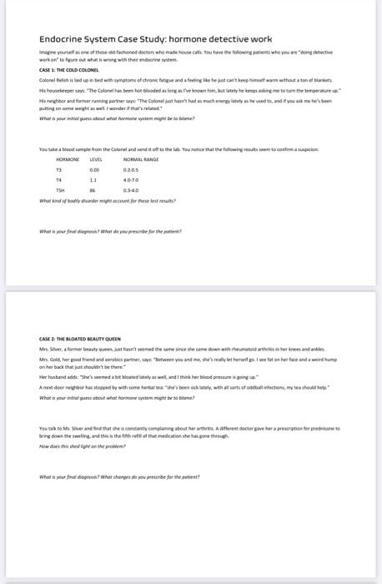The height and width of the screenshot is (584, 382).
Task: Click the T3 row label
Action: [x=59, y=168]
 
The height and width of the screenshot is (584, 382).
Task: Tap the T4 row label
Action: [x=59, y=179]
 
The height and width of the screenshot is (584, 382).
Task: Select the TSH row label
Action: [x=61, y=189]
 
